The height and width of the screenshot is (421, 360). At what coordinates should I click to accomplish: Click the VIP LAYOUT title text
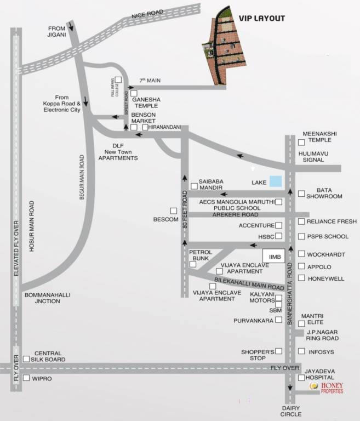pos(261,18)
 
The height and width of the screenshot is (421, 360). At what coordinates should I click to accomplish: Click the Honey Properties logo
pos(327,388)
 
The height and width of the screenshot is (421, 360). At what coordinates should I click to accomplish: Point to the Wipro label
pos(42,378)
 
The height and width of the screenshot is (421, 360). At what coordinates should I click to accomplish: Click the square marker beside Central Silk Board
pos(26,359)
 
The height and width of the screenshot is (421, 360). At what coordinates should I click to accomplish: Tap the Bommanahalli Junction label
pos(48,298)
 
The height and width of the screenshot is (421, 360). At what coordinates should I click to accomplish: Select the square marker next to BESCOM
pos(173,210)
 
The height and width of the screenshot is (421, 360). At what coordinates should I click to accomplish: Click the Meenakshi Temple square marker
pos(301,142)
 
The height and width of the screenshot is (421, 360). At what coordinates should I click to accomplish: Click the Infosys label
pos(321,351)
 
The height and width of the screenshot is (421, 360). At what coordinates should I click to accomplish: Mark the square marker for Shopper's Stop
pos(279,351)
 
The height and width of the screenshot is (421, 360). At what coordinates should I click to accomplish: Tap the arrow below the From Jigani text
pos(70,27)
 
